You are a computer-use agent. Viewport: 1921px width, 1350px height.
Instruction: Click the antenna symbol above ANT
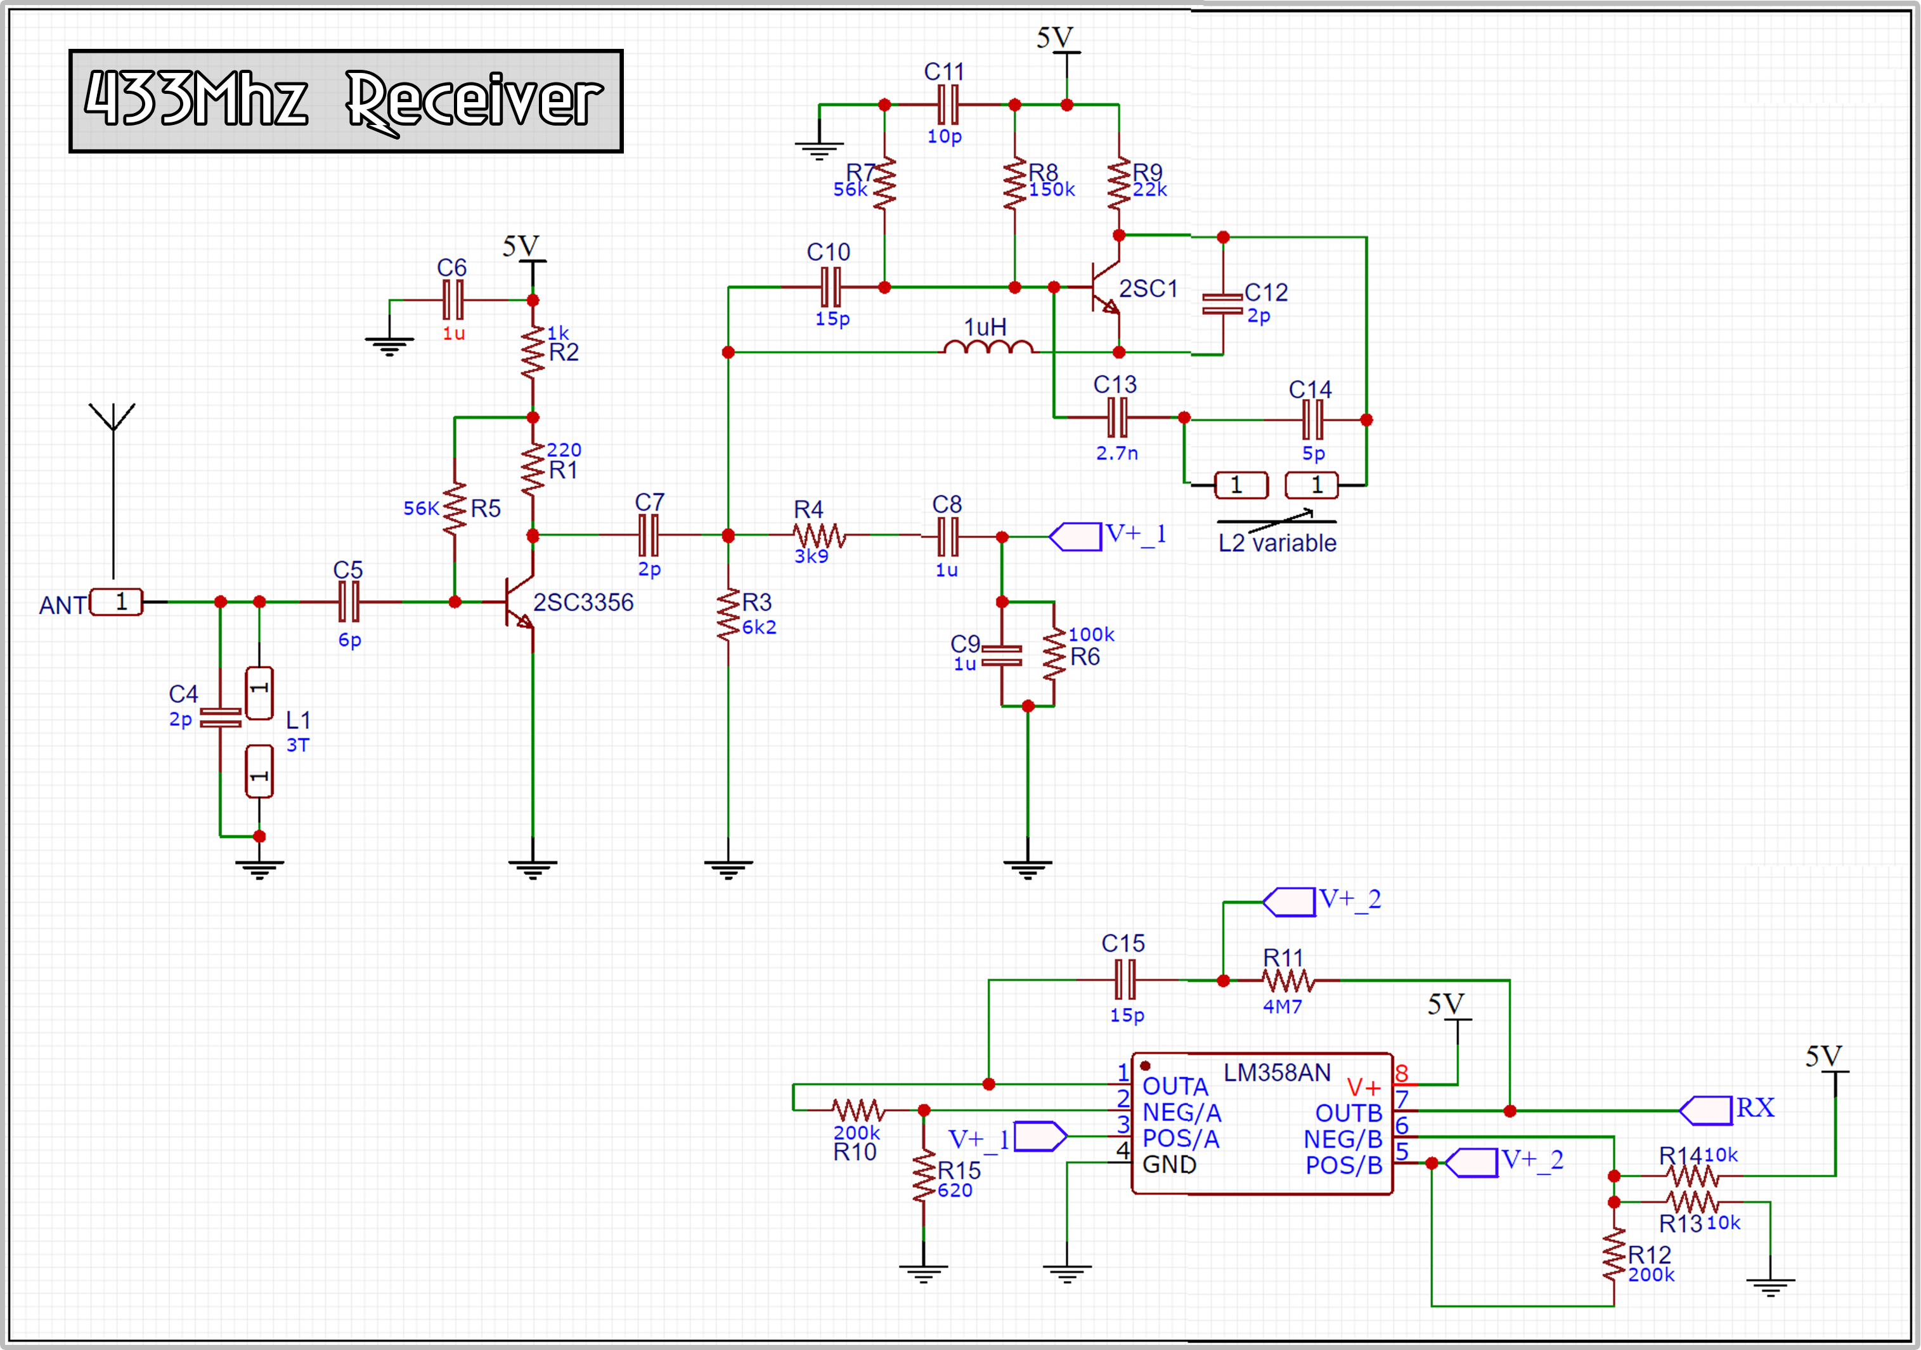pos(113,419)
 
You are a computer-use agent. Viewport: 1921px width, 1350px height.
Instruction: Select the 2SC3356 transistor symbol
pos(519,603)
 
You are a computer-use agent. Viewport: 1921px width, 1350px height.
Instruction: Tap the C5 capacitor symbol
pos(349,602)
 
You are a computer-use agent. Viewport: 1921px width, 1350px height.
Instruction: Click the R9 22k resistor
pos(1118,184)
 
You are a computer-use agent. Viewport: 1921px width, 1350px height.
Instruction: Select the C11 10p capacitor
pos(948,105)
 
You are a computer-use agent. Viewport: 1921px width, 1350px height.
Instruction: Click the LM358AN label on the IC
pos(1277,1073)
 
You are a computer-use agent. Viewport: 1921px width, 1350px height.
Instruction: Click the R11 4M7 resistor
pos(1288,980)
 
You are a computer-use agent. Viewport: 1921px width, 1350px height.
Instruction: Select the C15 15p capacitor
pos(1125,980)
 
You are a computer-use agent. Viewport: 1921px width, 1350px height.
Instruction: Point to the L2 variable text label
pos(1277,543)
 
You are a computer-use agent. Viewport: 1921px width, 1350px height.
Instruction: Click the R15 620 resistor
pos(924,1176)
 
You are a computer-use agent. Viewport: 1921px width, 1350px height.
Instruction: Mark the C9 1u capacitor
pos(1002,655)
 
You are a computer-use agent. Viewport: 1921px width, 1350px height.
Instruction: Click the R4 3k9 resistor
pos(819,535)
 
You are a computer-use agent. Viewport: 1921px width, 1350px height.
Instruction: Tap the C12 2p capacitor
pos(1222,304)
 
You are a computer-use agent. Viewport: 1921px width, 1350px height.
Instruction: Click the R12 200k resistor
pos(1614,1255)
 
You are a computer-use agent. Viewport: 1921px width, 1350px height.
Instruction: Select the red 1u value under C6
pos(453,333)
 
